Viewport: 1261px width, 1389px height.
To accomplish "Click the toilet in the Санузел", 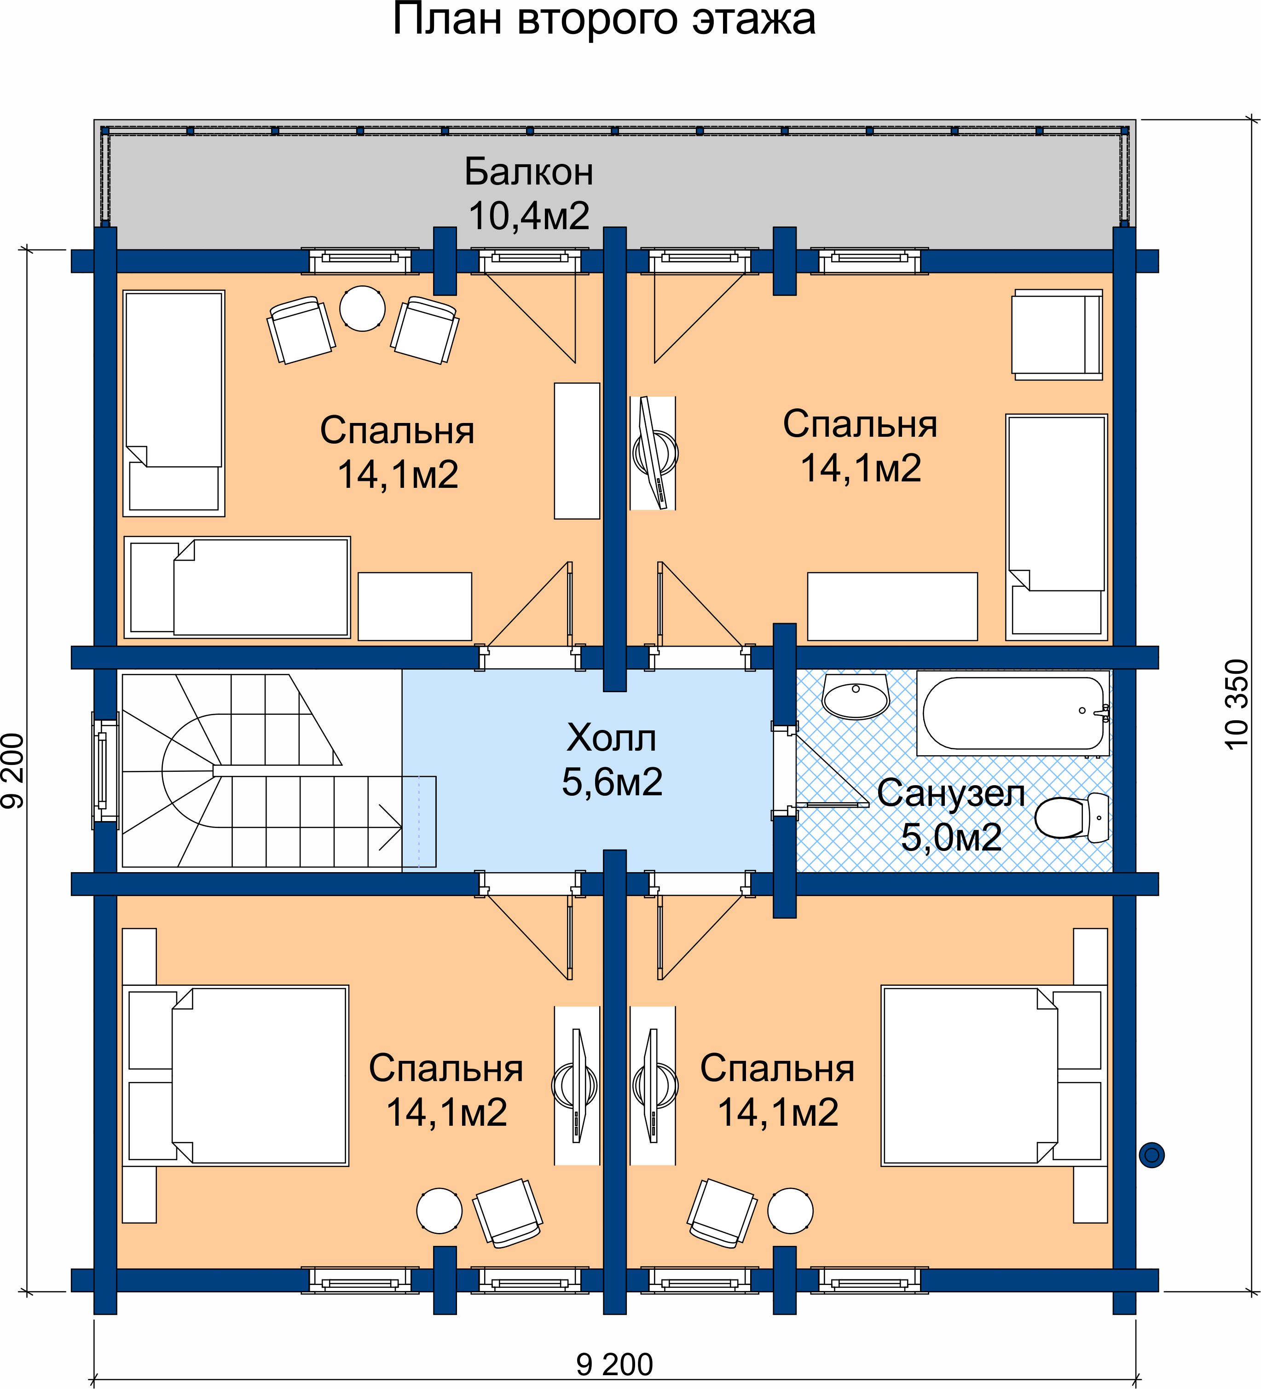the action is pos(1073,818).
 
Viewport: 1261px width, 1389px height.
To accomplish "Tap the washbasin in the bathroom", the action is pos(855,696).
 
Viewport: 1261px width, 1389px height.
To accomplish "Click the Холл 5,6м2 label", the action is pos(612,759).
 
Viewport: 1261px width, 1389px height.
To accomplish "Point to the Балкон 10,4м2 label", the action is pos(528,194).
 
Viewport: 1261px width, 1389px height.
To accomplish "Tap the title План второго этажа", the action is pos(604,19).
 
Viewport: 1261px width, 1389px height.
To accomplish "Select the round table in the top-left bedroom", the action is pos(362,308).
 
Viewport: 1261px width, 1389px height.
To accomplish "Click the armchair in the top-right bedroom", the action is pos(1057,334).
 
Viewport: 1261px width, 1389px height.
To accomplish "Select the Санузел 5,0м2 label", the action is pos(951,815).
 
